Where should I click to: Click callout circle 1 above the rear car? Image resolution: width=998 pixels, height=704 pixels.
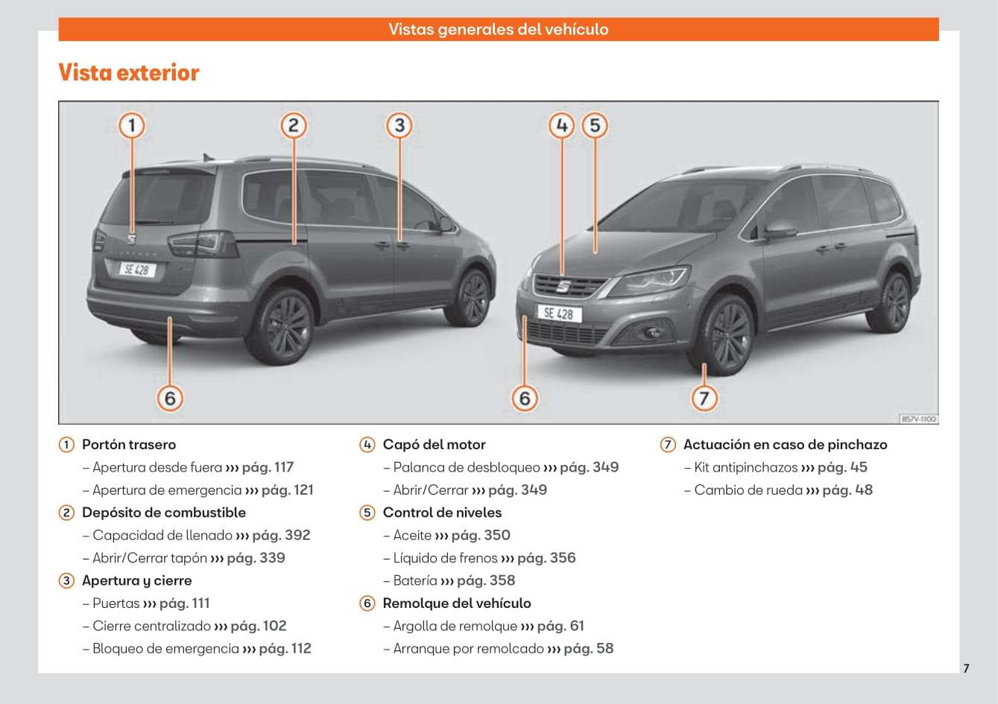pos(131,126)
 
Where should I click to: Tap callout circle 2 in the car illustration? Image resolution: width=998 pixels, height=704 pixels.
pos(293,126)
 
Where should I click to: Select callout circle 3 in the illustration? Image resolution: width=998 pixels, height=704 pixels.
pos(399,126)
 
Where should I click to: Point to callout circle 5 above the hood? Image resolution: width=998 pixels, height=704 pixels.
pos(595,126)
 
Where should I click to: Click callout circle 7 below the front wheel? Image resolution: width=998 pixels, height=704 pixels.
pos(704,398)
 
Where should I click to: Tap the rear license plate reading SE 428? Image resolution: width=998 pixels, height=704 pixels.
pos(137,270)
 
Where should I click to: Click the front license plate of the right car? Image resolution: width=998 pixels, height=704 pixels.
pos(559,314)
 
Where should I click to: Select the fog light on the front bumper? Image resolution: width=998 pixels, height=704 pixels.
pos(652,332)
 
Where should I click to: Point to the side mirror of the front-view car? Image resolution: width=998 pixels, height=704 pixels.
pos(780,229)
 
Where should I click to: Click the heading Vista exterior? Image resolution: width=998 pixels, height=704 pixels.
pos(129,72)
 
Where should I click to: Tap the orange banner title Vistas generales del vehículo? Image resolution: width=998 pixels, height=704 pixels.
pos(498,29)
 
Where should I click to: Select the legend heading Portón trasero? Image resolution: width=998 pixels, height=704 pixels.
pos(129,445)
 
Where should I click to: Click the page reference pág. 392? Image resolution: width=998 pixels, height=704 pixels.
pos(281,535)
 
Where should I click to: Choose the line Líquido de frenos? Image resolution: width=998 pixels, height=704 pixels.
pos(445,558)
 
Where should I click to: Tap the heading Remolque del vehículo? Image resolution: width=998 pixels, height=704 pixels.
pos(457,603)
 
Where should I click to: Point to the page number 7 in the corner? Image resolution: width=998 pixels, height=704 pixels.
pos(966,668)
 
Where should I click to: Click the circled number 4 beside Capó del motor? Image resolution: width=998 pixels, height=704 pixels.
pos(367,445)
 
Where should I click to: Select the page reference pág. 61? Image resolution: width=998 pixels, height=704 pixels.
pos(560,626)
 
